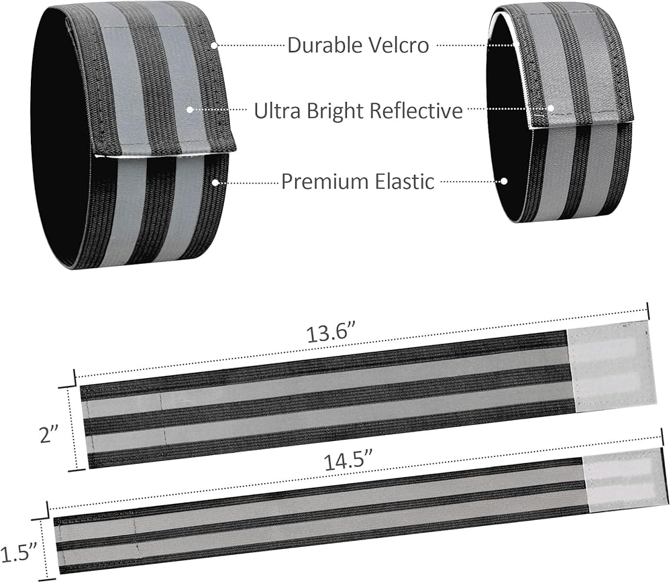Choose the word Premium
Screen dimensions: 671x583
325,181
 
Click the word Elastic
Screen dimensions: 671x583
405,181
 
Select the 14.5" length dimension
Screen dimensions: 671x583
348,461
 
